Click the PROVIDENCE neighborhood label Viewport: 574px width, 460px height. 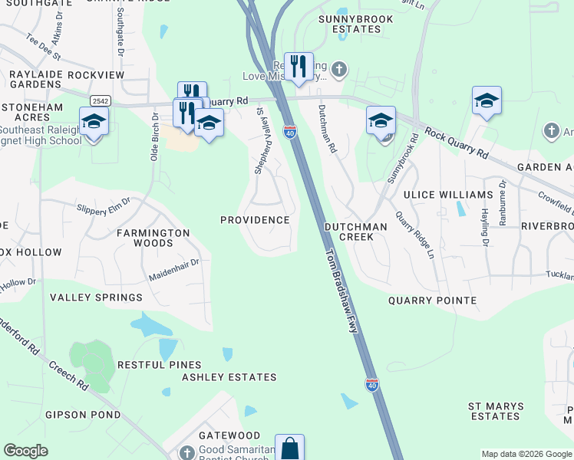point(255,220)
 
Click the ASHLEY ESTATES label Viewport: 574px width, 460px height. point(229,377)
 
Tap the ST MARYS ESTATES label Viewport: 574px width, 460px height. point(496,411)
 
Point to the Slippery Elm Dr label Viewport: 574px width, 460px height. point(104,206)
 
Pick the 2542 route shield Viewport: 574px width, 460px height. point(99,101)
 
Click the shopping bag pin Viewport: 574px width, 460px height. point(290,448)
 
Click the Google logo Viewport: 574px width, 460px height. point(26,451)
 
